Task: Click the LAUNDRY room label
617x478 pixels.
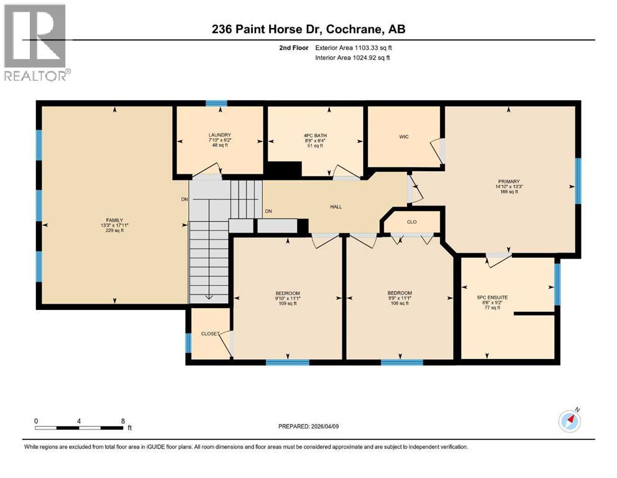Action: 220,135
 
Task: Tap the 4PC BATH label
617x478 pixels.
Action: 314,135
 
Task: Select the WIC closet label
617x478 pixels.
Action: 404,137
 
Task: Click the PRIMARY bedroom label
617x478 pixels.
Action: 508,181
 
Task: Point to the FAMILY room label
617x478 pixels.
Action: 114,220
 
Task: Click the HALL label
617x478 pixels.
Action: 336,207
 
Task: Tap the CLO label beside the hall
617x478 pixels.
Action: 411,221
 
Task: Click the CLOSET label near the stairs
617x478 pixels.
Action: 209,334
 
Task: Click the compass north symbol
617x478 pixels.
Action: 570,421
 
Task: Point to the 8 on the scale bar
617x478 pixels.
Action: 122,421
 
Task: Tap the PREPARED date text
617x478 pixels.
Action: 309,426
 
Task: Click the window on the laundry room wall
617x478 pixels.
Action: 216,103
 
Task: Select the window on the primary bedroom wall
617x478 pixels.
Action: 578,181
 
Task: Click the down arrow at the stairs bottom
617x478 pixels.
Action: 209,296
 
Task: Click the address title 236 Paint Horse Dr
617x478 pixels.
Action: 308,29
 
